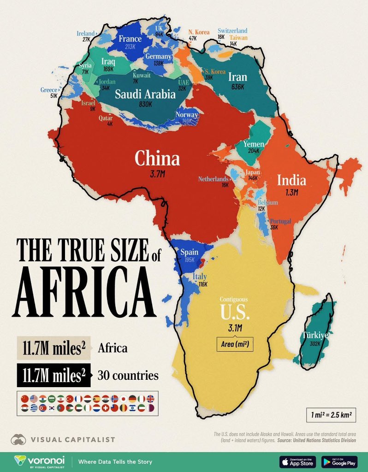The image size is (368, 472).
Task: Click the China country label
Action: pyautogui.click(x=157, y=159)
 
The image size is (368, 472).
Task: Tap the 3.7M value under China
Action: pyautogui.click(x=157, y=175)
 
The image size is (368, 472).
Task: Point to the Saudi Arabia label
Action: pyautogui.click(x=145, y=94)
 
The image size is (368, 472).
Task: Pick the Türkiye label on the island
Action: pyautogui.click(x=315, y=335)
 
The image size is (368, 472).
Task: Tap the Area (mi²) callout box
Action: pyautogui.click(x=235, y=344)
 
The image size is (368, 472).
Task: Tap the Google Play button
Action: pyautogui.click(x=339, y=461)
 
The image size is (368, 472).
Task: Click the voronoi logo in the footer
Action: pyautogui.click(x=39, y=461)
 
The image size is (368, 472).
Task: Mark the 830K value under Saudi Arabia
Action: pyautogui.click(x=145, y=104)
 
